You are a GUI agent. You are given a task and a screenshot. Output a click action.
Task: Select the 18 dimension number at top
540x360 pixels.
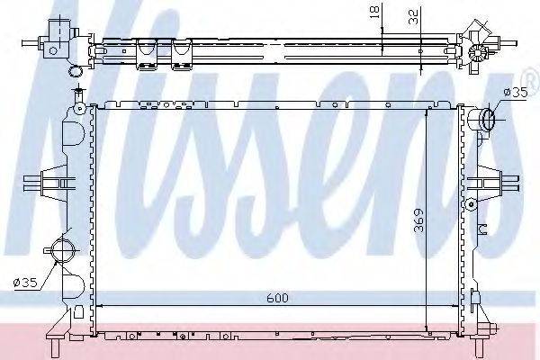pos(372,13)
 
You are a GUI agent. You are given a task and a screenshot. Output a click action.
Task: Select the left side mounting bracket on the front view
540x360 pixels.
pos(56,184)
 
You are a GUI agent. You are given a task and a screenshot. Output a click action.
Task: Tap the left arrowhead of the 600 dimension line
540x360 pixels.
pos(100,306)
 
